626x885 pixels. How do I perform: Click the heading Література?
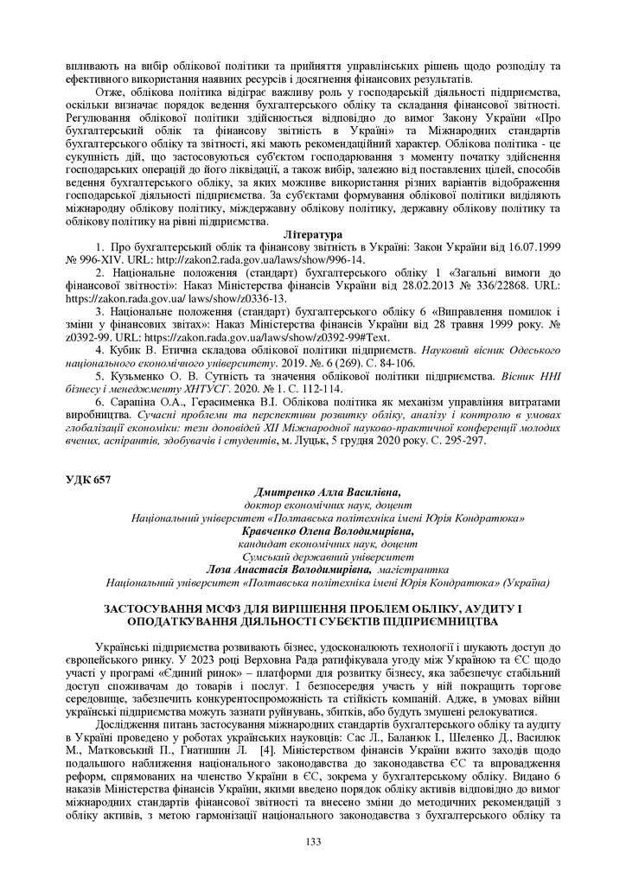click(x=313, y=234)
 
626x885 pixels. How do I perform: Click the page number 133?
click(x=313, y=842)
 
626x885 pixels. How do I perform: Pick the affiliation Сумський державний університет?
click(x=328, y=557)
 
